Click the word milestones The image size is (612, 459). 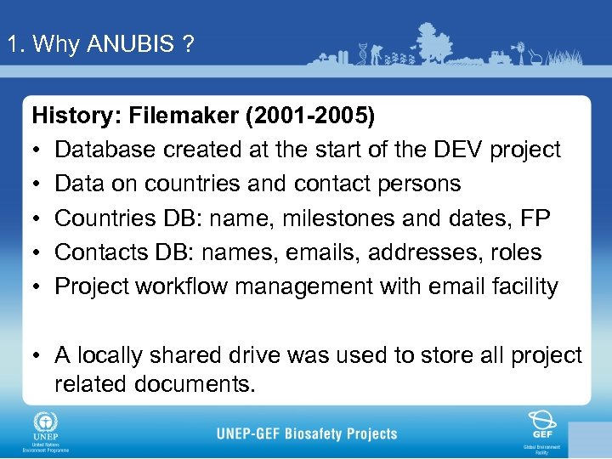point(311,218)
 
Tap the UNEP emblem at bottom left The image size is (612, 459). point(42,422)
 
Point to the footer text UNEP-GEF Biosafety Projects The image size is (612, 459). point(307,433)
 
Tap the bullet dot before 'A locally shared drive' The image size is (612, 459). point(37,355)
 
